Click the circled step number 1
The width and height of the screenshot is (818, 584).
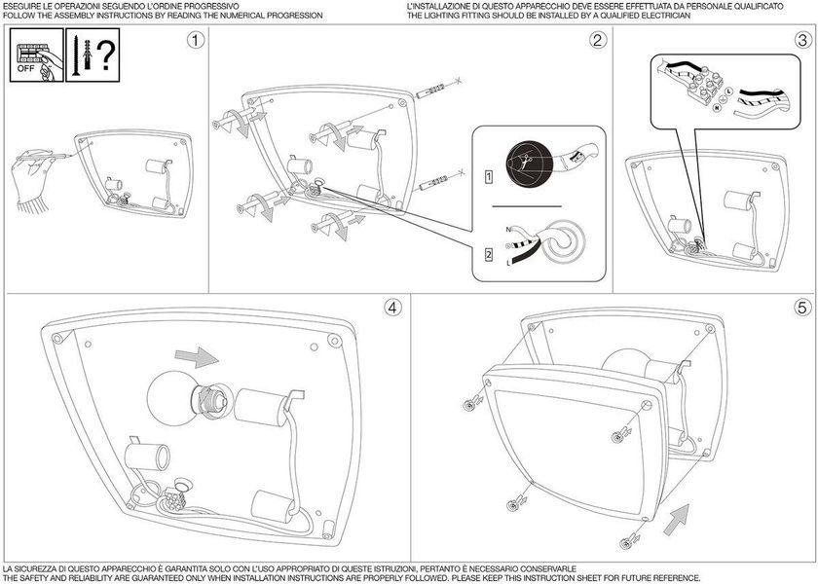coord(196,40)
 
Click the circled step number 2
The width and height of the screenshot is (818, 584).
coord(598,40)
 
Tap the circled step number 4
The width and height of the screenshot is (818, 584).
coord(393,308)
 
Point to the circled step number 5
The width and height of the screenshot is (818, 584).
coord(803,308)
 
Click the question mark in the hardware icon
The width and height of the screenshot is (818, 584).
coord(106,55)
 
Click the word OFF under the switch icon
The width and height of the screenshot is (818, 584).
coord(25,68)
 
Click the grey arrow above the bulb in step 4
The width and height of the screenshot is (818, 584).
coord(197,358)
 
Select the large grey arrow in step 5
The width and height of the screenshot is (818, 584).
coord(677,520)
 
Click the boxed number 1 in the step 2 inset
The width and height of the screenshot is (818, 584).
coord(489,177)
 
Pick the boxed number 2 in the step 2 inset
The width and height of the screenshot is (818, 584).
coord(489,255)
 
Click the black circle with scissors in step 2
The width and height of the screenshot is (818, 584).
coord(529,164)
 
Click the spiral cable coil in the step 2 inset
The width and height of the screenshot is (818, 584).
coord(563,242)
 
